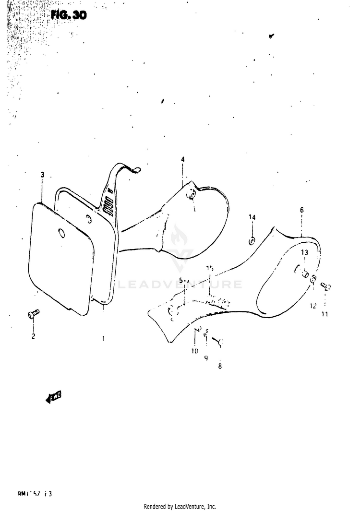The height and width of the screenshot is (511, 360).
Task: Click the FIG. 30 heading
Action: point(69,15)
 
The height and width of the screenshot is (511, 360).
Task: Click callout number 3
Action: point(42,175)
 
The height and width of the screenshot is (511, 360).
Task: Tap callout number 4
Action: point(182,159)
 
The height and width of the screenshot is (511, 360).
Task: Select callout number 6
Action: point(301,210)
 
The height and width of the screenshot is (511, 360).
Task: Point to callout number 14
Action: point(252,217)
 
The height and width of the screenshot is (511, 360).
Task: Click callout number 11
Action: point(324,315)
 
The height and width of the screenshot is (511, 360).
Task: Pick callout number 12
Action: point(313,306)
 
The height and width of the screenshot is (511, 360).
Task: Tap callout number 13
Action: point(303,252)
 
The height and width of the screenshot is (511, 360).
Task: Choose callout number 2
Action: point(34,336)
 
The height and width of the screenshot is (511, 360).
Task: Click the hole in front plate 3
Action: point(61,233)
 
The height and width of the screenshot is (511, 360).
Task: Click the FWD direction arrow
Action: point(54,396)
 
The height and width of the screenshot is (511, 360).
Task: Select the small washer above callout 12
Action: point(313,279)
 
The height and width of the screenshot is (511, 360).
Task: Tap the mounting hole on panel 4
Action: point(192,194)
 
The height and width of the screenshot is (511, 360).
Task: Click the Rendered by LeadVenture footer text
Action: point(180,506)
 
